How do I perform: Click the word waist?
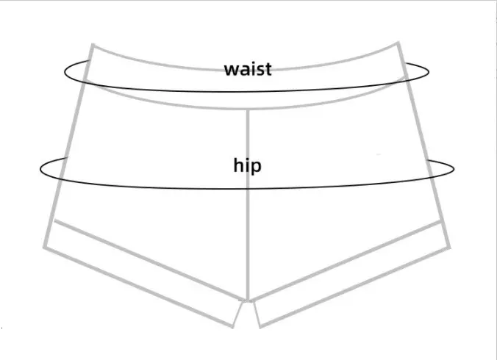click(248, 69)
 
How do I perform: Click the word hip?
click(248, 165)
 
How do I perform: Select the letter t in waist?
click(268, 70)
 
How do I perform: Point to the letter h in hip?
click(238, 165)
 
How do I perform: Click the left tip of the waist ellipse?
click(65, 73)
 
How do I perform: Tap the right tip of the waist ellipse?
click(429, 72)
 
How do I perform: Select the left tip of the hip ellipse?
click(40, 170)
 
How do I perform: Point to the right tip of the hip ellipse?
click(454, 170)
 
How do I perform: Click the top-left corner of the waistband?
click(93, 45)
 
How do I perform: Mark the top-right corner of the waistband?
click(398, 43)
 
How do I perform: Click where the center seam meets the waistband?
click(248, 109)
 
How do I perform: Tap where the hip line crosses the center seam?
click(248, 189)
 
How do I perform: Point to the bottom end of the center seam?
click(248, 300)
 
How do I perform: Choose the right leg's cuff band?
click(351, 274)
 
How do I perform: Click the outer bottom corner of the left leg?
click(45, 248)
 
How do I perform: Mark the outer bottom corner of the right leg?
click(449, 248)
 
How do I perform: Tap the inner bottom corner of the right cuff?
click(260, 327)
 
